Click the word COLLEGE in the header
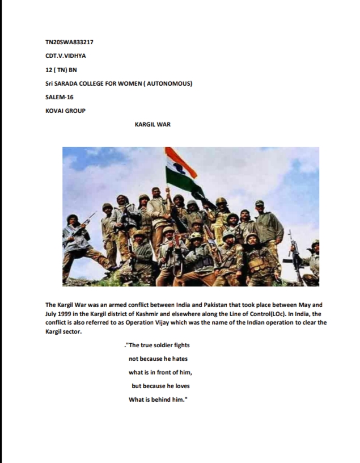pos(102,83)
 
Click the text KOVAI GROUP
pos(65,111)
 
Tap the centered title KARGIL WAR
pos(153,124)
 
